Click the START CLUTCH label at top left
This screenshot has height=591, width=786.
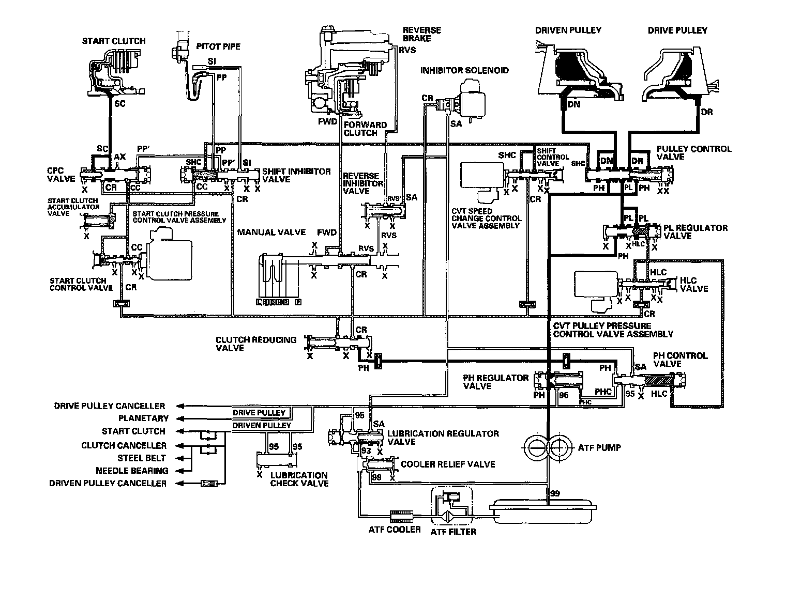coord(113,41)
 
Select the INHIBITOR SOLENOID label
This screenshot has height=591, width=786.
coord(464,70)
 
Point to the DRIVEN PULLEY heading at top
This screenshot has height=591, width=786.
coord(568,30)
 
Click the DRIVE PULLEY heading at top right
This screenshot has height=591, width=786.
coord(677,30)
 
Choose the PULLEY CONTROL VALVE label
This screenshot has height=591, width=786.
coord(694,153)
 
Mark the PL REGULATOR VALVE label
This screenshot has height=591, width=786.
coord(695,231)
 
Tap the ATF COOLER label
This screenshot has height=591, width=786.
coord(395,530)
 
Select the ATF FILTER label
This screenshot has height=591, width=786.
coord(454,531)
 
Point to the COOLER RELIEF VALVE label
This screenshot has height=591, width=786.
coord(448,464)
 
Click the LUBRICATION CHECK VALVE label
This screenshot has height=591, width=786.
coord(299,479)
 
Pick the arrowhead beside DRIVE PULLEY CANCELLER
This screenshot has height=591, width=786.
coord(180,406)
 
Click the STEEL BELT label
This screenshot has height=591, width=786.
coord(141,458)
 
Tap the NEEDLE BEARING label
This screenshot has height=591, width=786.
coord(132,471)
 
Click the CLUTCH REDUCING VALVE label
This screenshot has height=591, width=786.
coord(256,344)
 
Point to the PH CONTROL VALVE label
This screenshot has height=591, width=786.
coord(679,360)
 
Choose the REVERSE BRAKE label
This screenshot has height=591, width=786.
coord(422,34)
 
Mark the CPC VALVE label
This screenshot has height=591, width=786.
coord(61,175)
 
